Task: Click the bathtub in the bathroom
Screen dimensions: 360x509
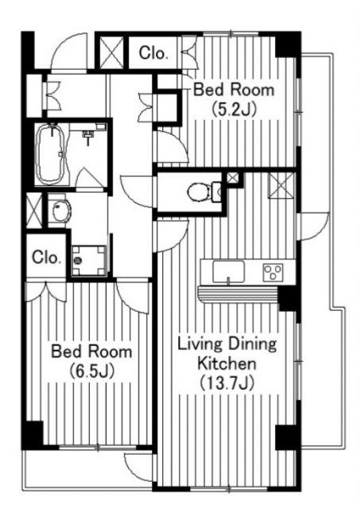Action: [x=51, y=153]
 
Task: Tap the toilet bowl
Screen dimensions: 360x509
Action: [x=199, y=192]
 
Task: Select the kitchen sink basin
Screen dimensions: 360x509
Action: [x=228, y=271]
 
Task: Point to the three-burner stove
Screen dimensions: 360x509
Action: [x=273, y=272]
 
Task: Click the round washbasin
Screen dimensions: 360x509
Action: [x=61, y=212]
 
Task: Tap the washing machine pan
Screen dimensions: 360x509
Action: [x=89, y=261]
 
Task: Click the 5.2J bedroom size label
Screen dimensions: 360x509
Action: [x=234, y=110]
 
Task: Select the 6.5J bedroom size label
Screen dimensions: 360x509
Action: [x=92, y=372]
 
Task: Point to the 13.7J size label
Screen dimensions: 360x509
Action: [x=226, y=383]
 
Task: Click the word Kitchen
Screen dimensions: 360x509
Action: [x=227, y=363]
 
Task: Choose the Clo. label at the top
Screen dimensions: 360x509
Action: [x=153, y=53]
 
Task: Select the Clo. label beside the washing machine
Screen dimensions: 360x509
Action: [x=46, y=258]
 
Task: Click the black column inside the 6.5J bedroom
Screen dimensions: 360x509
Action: [x=33, y=435]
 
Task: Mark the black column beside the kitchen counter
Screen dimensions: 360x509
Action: [x=288, y=299]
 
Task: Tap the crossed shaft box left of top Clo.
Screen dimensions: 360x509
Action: [x=111, y=52]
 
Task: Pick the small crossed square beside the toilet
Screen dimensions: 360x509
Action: [x=232, y=178]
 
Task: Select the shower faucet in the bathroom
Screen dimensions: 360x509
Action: [x=87, y=135]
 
